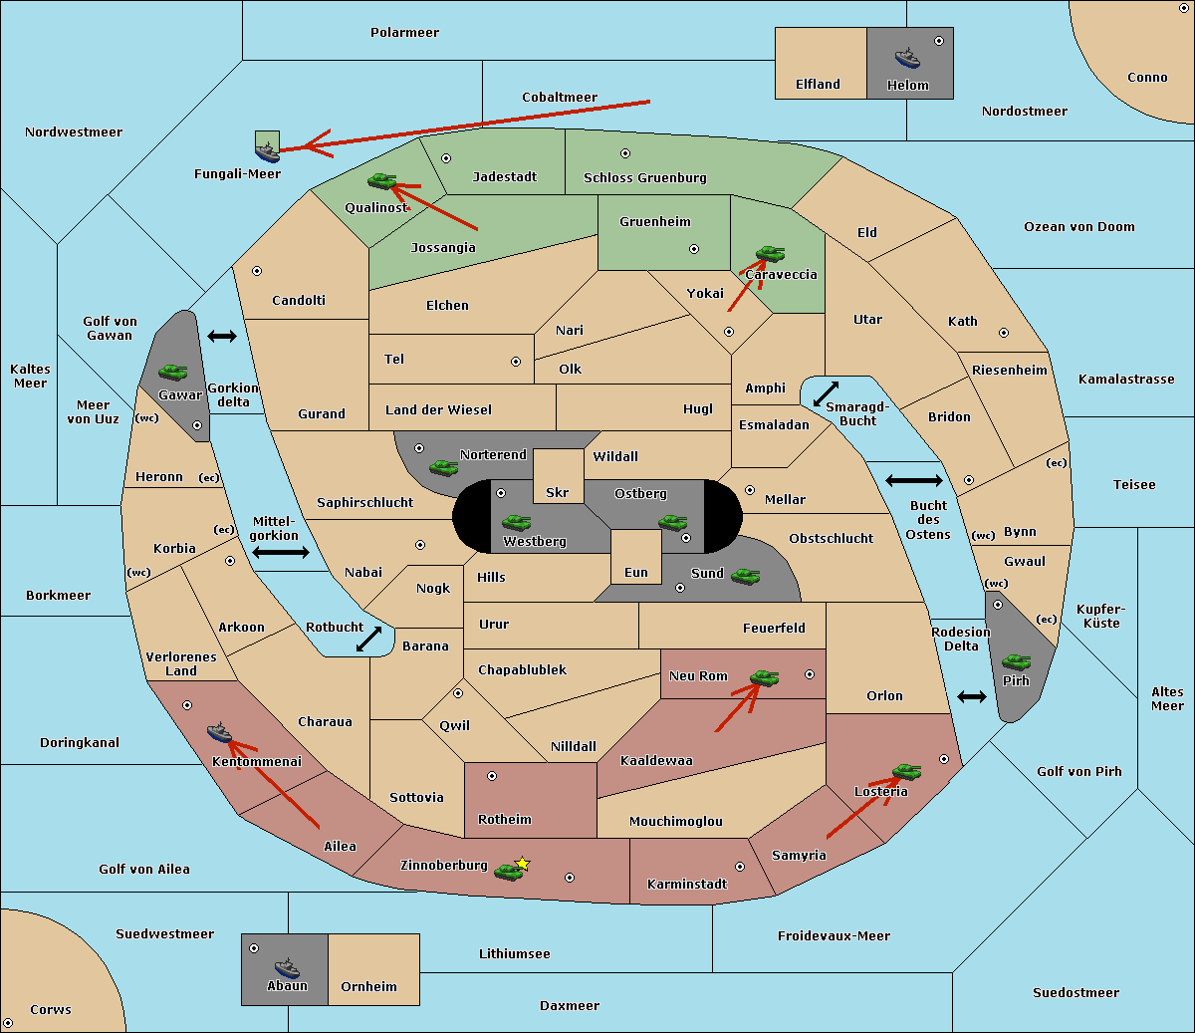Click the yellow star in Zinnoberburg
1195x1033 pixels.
pyautogui.click(x=522, y=864)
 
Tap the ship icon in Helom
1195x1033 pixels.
pyautogui.click(x=907, y=58)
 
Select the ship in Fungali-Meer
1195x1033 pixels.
pyautogui.click(x=268, y=152)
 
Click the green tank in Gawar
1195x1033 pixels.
pyautogui.click(x=173, y=372)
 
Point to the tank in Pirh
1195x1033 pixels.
pyautogui.click(x=1016, y=661)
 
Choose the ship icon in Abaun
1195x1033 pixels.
pyautogui.click(x=287, y=968)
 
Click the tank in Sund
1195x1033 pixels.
pyautogui.click(x=745, y=577)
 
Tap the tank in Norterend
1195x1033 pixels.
pyautogui.click(x=443, y=467)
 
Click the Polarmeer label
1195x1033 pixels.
pyautogui.click(x=404, y=33)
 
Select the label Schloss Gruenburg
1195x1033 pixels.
pyautogui.click(x=645, y=177)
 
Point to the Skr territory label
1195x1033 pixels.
pyautogui.click(x=558, y=492)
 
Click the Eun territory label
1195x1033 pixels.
pyautogui.click(x=636, y=572)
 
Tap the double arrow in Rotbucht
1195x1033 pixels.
pyautogui.click(x=368, y=639)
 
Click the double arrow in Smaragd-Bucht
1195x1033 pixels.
pyautogui.click(x=826, y=393)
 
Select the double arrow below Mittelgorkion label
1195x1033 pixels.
pyautogui.click(x=281, y=552)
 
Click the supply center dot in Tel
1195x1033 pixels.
pyautogui.click(x=516, y=362)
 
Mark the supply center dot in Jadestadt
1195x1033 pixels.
pyautogui.click(x=446, y=158)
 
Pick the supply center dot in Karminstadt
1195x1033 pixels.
pyautogui.click(x=740, y=867)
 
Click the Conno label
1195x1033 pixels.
pyautogui.click(x=1147, y=77)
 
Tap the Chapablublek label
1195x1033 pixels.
pyautogui.click(x=522, y=669)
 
